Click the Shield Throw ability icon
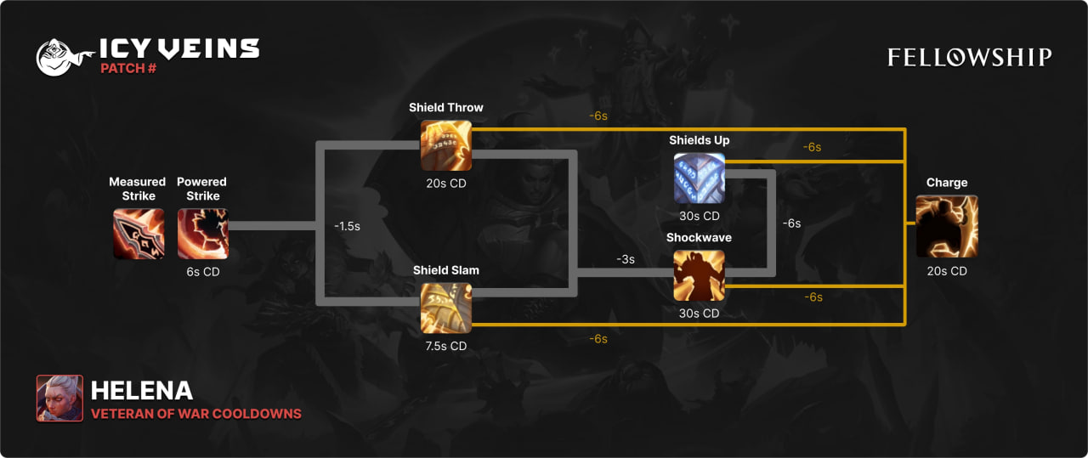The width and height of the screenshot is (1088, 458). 446,145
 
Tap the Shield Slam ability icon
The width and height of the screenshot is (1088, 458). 446,308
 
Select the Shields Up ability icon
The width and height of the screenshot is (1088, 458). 700,178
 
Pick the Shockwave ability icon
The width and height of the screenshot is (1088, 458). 700,275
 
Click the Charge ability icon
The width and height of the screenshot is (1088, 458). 947,226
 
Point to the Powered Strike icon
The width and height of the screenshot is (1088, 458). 202,234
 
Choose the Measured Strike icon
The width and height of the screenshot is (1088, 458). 139,234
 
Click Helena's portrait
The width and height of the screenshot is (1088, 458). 59,399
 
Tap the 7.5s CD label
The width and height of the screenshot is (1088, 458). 446,346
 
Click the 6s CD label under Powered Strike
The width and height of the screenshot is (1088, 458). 202,272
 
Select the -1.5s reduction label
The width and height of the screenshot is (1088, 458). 347,227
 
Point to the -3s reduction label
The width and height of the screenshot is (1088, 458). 626,259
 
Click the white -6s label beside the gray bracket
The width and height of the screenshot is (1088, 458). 791,223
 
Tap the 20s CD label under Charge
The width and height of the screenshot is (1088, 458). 947,271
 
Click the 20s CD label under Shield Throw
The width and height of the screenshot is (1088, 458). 446,184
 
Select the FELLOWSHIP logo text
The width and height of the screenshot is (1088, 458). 970,57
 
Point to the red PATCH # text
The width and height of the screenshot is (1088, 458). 128,68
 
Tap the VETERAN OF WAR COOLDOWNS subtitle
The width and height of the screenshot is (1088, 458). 196,414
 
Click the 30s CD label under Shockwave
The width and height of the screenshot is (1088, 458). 700,313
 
